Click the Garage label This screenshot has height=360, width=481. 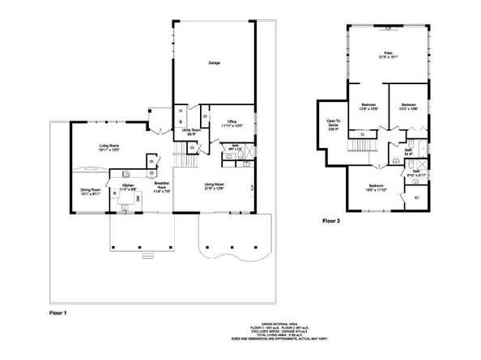click(x=214, y=62)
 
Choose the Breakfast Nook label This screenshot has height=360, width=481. click(x=160, y=188)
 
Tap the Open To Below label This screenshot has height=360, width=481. click(x=332, y=125)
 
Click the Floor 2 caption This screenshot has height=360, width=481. click(x=333, y=220)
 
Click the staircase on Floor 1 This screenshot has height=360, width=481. click(x=188, y=160)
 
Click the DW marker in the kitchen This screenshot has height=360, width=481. click(x=137, y=198)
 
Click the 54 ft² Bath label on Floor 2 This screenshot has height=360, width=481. click(x=410, y=151)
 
